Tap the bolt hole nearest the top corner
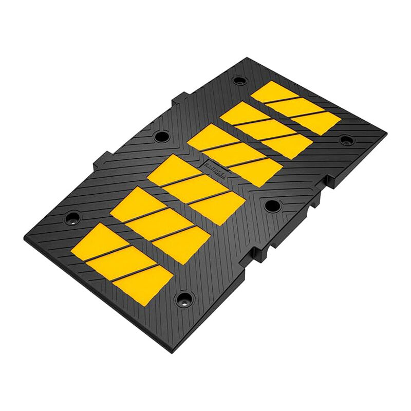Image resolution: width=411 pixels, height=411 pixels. [x=239, y=80]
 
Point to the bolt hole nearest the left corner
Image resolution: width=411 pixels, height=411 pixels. [x=72, y=215]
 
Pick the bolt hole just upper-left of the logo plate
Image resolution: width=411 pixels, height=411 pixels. [x=161, y=136]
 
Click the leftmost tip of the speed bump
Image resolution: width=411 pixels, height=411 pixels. [x=24, y=237]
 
